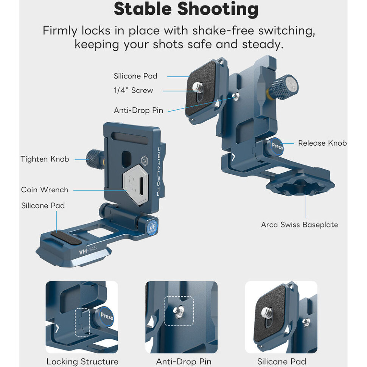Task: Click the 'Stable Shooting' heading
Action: [x=186, y=9]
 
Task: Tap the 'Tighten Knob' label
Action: [x=45, y=159]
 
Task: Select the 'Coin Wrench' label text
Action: [x=45, y=190]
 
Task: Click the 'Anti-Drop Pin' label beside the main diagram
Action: [x=138, y=110]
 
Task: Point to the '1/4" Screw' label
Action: [x=134, y=90]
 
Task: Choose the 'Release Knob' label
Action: [x=322, y=143]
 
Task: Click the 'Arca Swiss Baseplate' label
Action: [x=299, y=225]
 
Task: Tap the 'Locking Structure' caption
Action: [x=82, y=361]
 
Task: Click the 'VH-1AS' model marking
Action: [x=87, y=250]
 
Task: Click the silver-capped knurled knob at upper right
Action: [x=284, y=87]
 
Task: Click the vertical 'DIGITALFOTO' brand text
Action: [x=159, y=171]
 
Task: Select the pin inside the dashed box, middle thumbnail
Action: [x=178, y=311]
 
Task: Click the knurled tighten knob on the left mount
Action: [x=95, y=159]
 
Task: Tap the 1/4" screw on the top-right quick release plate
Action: [x=198, y=88]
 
